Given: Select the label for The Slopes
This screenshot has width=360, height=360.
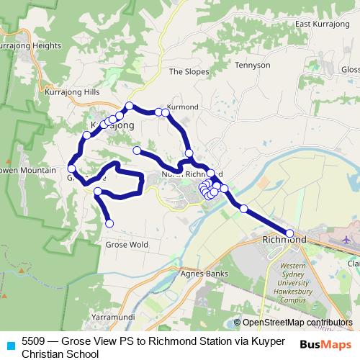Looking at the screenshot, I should coord(189,71).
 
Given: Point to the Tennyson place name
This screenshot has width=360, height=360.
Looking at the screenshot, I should coord(252,65).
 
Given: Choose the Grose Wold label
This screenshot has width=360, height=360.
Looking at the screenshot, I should coord(127,245).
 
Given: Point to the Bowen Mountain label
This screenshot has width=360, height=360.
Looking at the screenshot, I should coord(27,171).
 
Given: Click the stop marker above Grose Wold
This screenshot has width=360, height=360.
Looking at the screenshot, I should coord(109,223).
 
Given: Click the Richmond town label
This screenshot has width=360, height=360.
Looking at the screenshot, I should coord(284,239).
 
